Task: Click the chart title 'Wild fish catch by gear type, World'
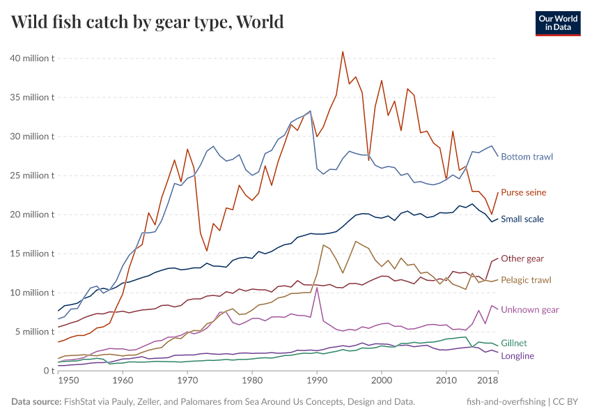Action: pyautogui.click(x=148, y=22)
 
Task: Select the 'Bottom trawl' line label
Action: pyautogui.click(x=527, y=157)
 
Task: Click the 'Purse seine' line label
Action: pyautogui.click(x=523, y=192)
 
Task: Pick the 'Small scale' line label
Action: pyautogui.click(x=522, y=219)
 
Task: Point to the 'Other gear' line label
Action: pyautogui.click(x=522, y=258)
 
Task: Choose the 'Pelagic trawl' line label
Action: pyautogui.click(x=526, y=279)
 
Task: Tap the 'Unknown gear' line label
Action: pyautogui.click(x=530, y=309)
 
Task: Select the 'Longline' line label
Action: pyautogui.click(x=517, y=356)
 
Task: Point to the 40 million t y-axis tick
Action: pyautogui.click(x=32, y=59)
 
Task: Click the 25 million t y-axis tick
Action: pyautogui.click(x=32, y=176)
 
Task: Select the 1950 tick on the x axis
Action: pyautogui.click(x=68, y=381)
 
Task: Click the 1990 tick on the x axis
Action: pyautogui.click(x=317, y=381)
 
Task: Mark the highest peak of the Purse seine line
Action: pyautogui.click(x=343, y=51)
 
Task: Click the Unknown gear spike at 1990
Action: pyautogui.click(x=318, y=287)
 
